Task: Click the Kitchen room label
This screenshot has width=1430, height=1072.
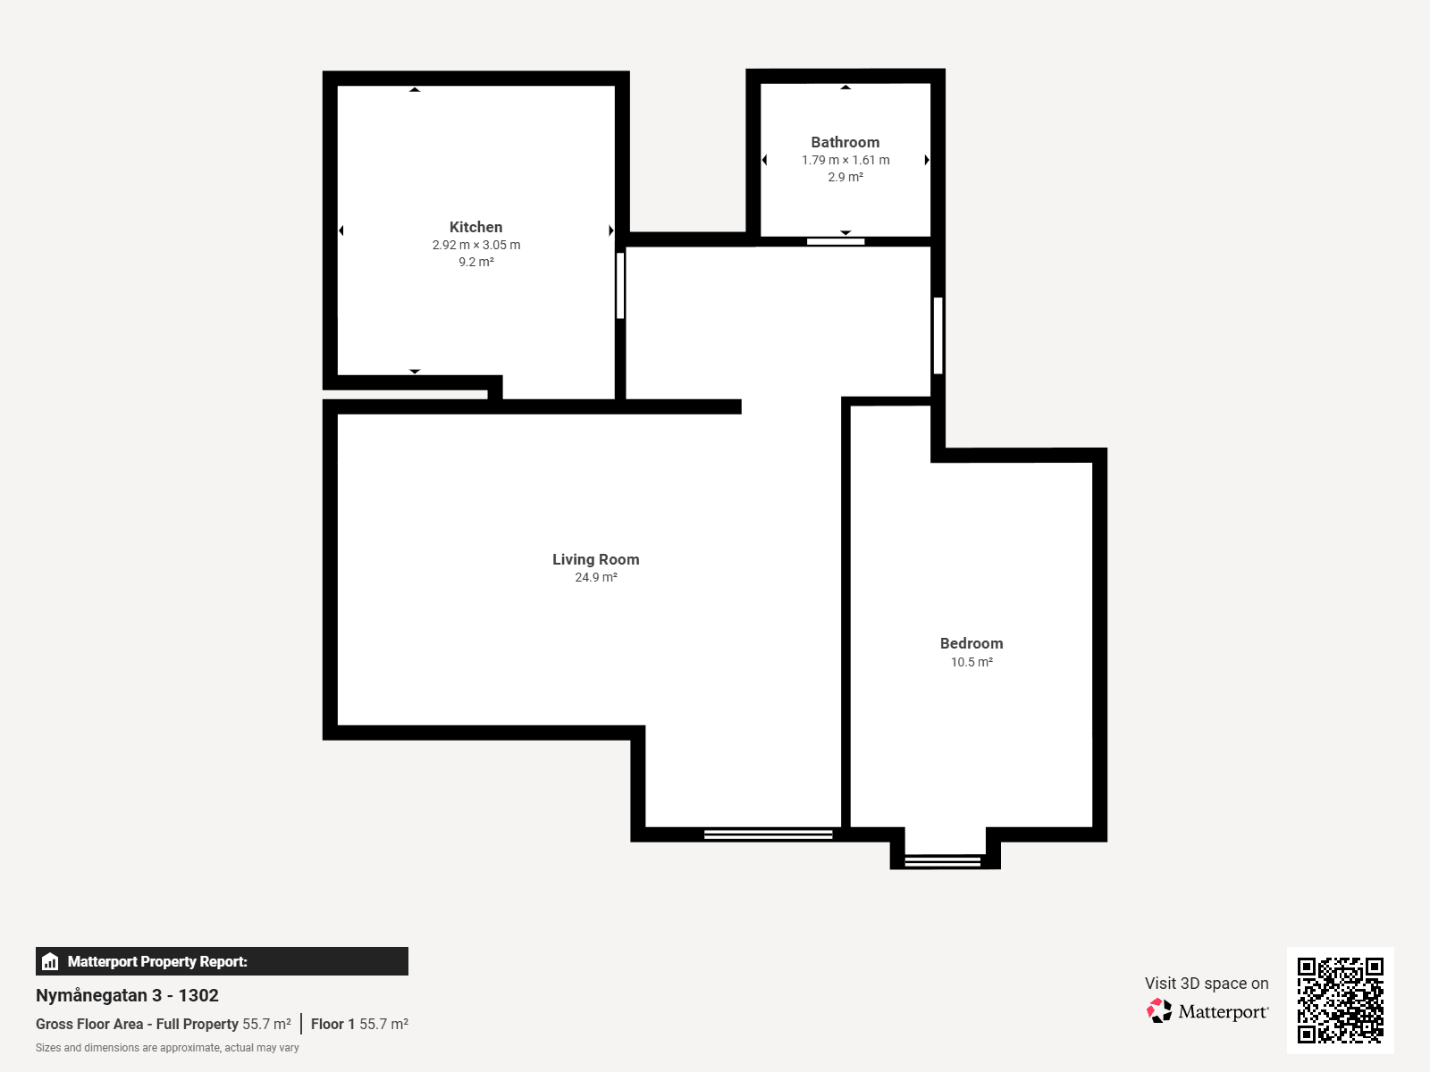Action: (x=475, y=227)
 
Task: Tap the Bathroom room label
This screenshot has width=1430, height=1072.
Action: (x=845, y=142)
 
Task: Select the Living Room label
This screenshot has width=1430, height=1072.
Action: (x=595, y=559)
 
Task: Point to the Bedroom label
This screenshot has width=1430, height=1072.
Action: (x=972, y=643)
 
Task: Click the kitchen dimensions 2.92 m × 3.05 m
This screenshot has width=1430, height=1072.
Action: (x=476, y=245)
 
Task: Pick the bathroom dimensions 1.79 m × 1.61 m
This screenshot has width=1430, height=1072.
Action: (x=845, y=160)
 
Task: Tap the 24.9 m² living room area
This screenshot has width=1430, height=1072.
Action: (x=595, y=577)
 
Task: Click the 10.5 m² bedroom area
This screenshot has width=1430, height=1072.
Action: (x=972, y=662)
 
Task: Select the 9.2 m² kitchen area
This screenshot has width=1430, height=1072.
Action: (x=476, y=262)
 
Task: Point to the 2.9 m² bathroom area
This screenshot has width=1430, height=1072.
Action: (x=845, y=177)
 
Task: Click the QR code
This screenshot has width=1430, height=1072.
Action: (x=1340, y=1000)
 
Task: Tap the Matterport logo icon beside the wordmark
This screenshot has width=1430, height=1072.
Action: (x=1159, y=1011)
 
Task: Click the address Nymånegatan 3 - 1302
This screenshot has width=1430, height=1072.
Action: (x=127, y=995)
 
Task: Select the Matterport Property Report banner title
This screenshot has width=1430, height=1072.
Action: (x=157, y=961)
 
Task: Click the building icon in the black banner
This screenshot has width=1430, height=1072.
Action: (x=50, y=961)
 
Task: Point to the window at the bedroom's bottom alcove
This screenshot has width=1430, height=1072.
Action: (x=942, y=862)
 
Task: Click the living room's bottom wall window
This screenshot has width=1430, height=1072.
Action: (x=768, y=834)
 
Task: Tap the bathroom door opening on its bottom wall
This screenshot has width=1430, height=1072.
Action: (x=835, y=241)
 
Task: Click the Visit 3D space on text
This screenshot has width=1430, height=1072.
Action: (x=1207, y=983)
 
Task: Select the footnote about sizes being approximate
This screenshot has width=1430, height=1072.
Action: (x=167, y=1047)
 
